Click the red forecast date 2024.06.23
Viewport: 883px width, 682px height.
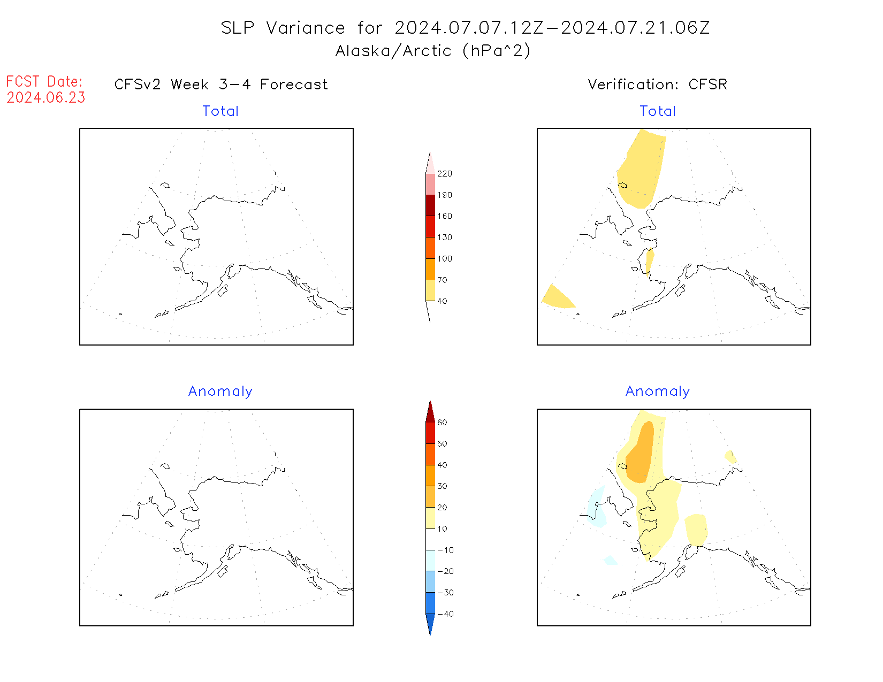(x=46, y=98)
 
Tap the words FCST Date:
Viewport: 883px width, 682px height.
(x=44, y=82)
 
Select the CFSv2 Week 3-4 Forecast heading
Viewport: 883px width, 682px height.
(x=221, y=85)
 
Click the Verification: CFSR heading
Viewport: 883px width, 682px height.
(x=657, y=85)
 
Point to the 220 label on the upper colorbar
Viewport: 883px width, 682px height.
(x=444, y=174)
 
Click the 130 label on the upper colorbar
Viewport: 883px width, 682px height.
(x=444, y=237)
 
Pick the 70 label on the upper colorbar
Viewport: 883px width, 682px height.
(x=442, y=280)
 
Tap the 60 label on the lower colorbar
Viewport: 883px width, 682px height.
(x=442, y=423)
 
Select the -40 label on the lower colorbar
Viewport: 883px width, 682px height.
(x=445, y=614)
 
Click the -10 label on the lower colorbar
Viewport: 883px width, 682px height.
(x=445, y=550)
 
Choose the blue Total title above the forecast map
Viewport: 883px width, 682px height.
(x=220, y=111)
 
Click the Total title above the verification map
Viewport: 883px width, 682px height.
(x=658, y=111)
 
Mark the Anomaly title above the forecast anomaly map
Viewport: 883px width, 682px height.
(x=220, y=392)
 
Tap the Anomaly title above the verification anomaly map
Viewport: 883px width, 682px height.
(x=658, y=392)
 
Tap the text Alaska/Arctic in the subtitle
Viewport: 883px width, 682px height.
(x=393, y=51)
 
